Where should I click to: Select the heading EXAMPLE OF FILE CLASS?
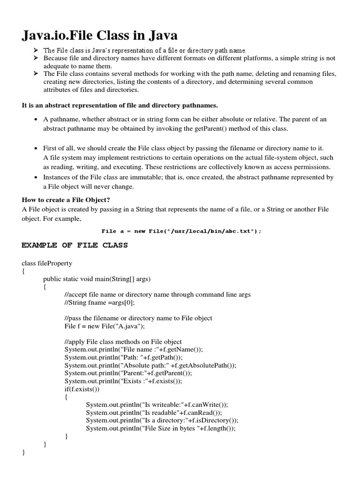point(75,245)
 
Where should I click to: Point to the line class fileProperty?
point(47,263)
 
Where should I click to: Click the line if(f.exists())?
point(82,389)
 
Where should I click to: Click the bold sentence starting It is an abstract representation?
point(120,105)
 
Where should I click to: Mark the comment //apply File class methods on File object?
point(123,342)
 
